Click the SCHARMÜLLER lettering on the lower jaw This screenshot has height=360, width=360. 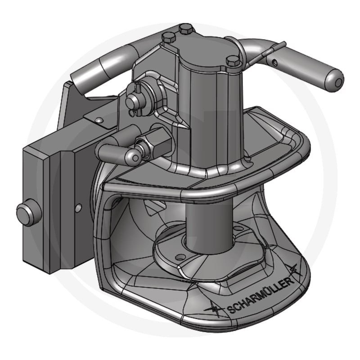tap(261, 295)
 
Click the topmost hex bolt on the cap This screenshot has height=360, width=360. tap(185, 29)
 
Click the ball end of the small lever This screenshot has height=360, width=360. tap(132, 156)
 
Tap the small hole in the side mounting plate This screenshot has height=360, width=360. tap(79, 207)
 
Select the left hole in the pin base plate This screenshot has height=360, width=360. tap(180, 257)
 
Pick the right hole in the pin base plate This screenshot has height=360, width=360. tap(237, 230)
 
